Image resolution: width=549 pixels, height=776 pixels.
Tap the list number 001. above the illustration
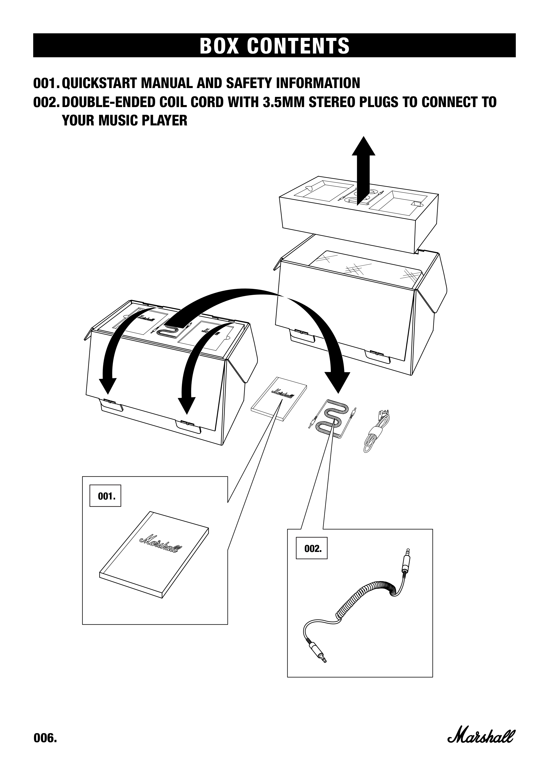pos(46,83)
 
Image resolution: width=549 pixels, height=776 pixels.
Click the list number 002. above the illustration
pos(46,102)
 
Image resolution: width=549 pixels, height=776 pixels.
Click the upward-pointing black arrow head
pos(363,147)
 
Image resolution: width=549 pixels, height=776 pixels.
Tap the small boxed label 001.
pos(105,496)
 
